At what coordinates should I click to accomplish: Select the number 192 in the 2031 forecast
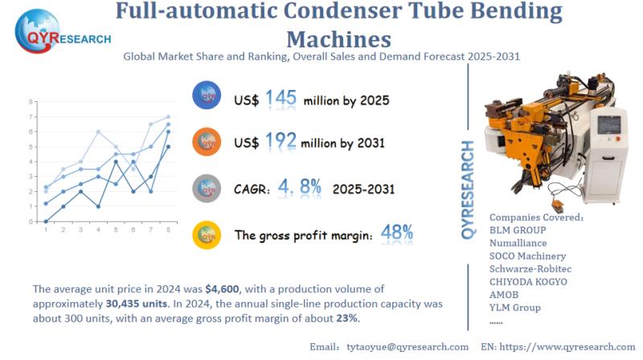click(281, 141)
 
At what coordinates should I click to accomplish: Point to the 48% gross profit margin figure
click(397, 234)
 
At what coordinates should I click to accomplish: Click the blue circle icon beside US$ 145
click(207, 96)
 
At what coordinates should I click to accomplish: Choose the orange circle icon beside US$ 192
click(207, 142)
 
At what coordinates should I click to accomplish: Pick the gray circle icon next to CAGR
click(207, 189)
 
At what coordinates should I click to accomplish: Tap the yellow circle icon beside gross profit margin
click(207, 235)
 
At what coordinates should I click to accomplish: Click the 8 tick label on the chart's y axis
click(31, 102)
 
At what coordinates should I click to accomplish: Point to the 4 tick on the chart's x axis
click(98, 230)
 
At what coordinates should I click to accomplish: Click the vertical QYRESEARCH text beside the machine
click(471, 190)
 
